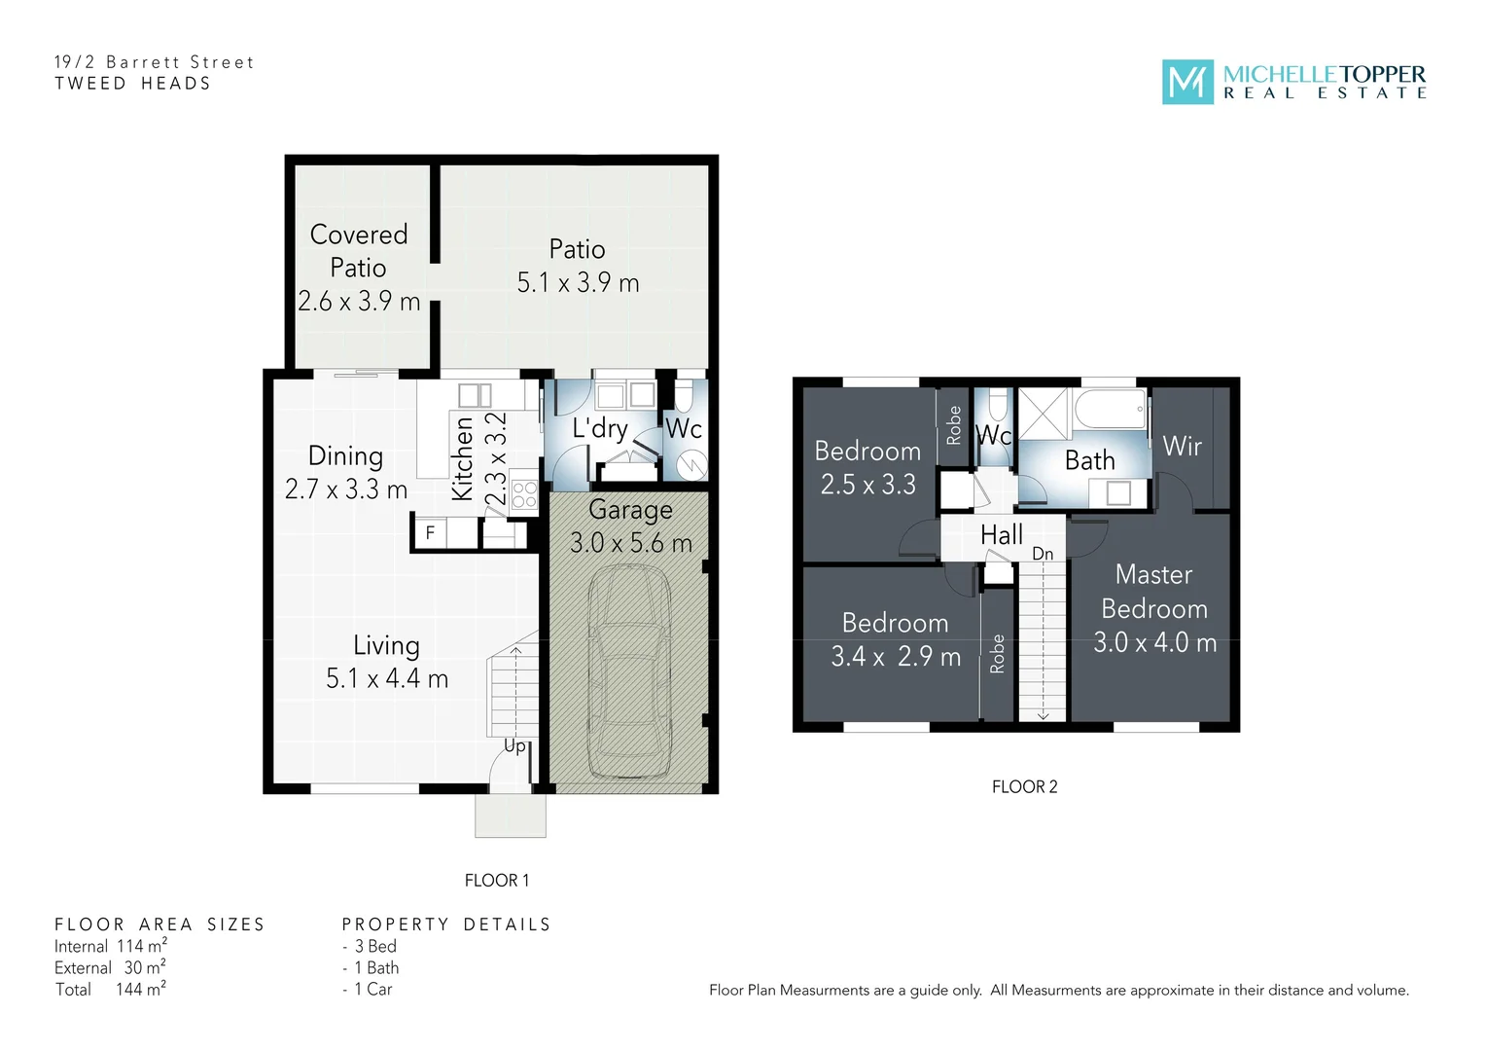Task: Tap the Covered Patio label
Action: (x=358, y=251)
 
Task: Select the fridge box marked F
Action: (x=430, y=533)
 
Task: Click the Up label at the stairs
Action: (x=514, y=745)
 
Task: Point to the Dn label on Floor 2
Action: (x=1043, y=554)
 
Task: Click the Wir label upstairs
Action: (x=1182, y=447)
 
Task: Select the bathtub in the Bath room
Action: (x=1110, y=410)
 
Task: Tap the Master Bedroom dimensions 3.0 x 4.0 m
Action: (x=1154, y=643)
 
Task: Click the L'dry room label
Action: (x=600, y=428)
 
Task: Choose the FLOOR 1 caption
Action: (x=497, y=881)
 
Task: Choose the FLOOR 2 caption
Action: (x=1024, y=787)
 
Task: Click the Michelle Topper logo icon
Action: (x=1187, y=83)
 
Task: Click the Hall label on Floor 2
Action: (x=1001, y=535)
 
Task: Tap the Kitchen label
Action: (x=463, y=458)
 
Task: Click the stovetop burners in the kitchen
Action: (x=524, y=495)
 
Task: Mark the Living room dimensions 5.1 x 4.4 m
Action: (x=387, y=678)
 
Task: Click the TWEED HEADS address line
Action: (x=132, y=84)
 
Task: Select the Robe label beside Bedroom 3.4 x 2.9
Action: (x=997, y=654)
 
